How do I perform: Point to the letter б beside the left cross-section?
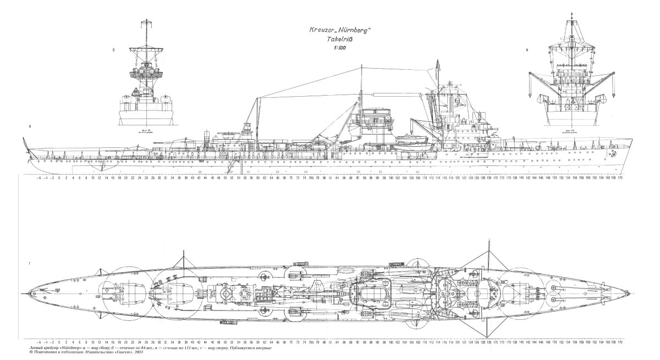tap(113, 51)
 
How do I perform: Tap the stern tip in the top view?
tap(28, 290)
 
